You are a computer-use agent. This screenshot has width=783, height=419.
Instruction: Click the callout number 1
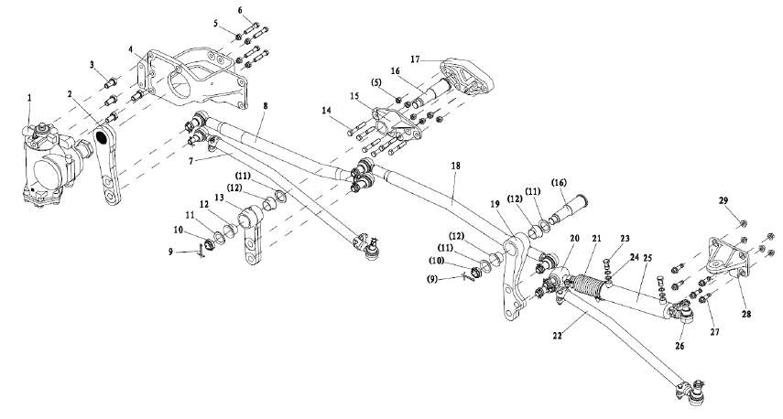[x=29, y=98]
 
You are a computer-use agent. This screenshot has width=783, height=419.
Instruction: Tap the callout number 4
[x=130, y=50]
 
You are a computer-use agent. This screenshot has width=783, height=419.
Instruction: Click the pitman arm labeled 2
[x=107, y=166]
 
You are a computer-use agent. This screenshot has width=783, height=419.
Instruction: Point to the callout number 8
[x=266, y=106]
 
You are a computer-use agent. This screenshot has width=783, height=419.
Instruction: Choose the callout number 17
[x=416, y=59]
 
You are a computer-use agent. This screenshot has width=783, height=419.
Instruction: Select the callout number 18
[x=455, y=166]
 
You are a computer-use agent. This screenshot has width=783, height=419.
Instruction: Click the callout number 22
[x=558, y=336]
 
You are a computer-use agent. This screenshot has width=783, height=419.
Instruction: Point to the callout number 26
[x=680, y=346]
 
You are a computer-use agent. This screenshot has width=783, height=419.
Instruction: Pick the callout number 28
[x=746, y=315]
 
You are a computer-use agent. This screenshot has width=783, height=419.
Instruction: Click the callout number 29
[x=723, y=200]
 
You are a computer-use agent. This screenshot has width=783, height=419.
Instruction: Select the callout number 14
[x=327, y=110]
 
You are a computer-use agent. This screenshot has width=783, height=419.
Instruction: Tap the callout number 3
[x=92, y=64]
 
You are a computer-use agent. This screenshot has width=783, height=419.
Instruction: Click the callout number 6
[x=240, y=10]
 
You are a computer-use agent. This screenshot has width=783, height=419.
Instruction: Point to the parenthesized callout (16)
[x=559, y=183]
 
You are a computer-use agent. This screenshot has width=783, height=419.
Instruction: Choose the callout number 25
[x=647, y=258]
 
